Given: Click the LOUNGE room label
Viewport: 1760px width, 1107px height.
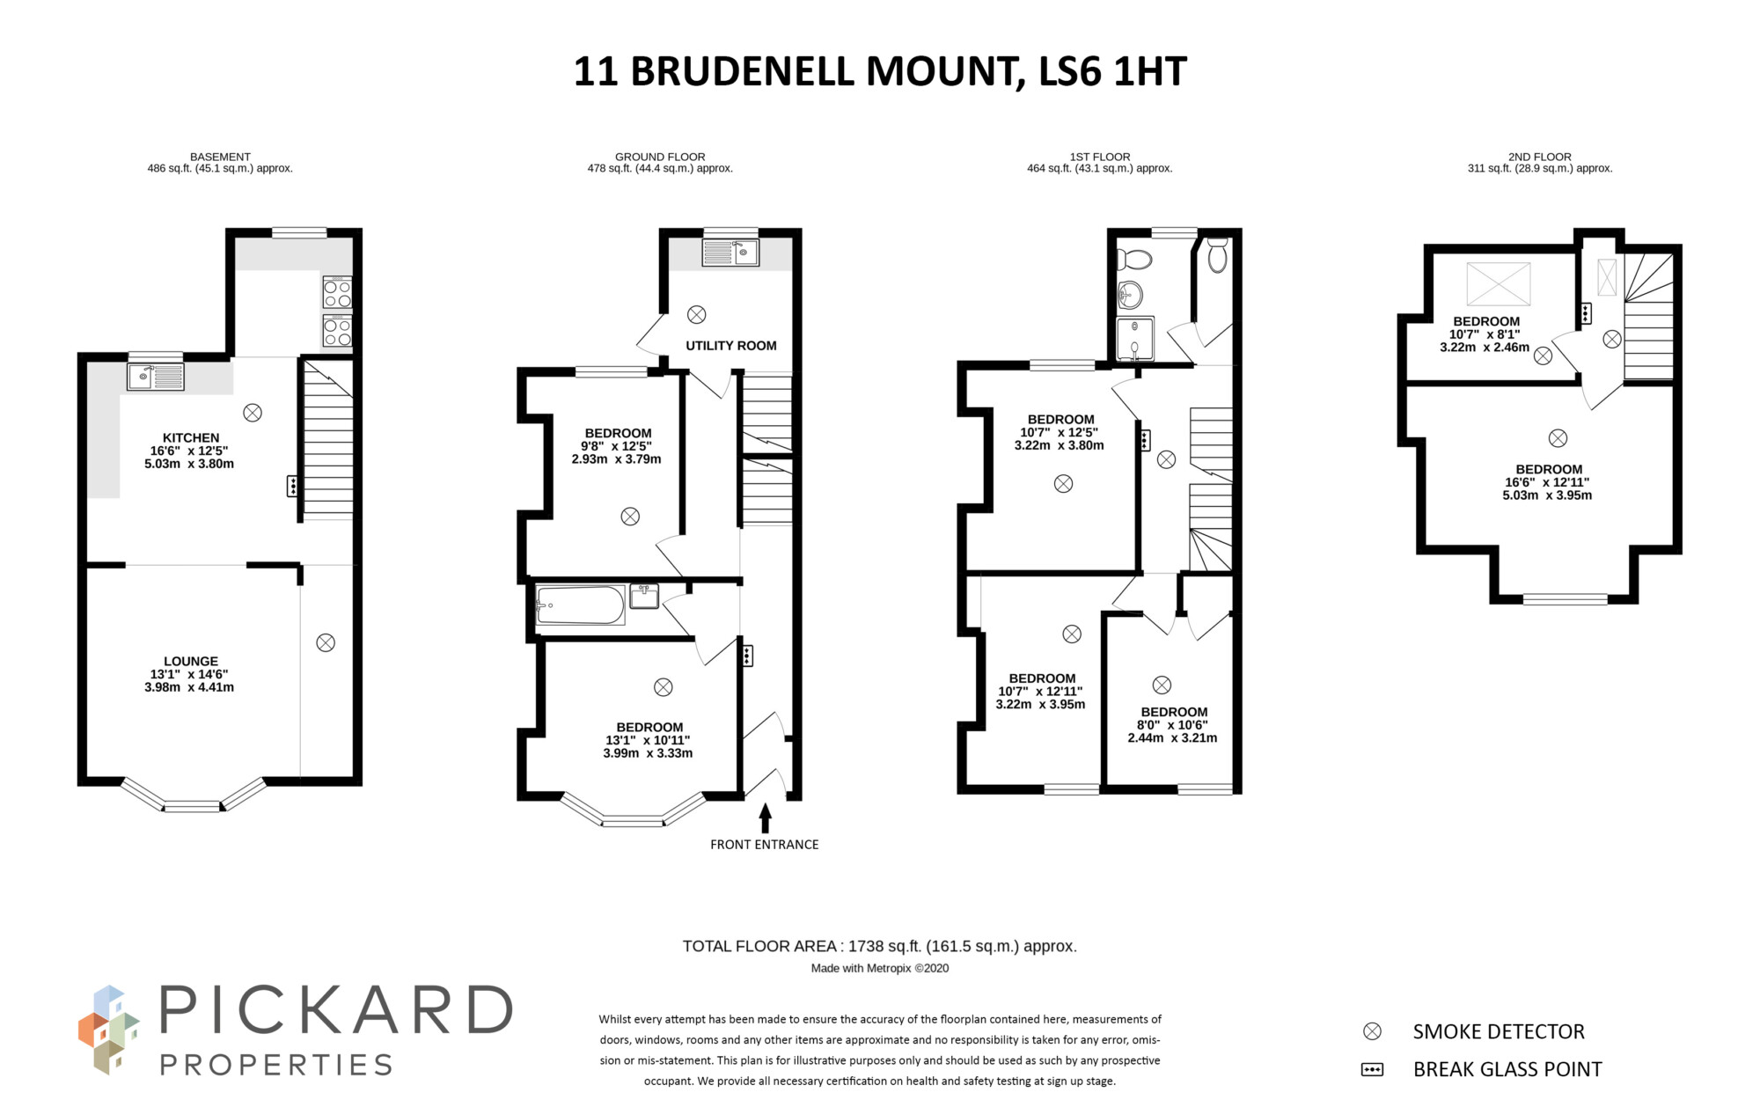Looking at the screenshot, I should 190,662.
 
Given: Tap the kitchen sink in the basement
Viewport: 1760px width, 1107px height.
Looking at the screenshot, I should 155,377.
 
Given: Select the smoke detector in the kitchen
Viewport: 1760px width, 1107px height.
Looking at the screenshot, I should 253,413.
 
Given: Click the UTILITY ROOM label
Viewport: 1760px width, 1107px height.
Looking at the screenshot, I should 730,346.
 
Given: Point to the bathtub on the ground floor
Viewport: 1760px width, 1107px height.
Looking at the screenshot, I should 580,605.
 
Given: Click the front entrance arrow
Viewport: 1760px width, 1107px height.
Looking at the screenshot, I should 765,817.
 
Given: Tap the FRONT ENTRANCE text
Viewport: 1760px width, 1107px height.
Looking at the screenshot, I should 764,845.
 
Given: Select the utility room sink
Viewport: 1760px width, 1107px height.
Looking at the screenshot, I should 730,253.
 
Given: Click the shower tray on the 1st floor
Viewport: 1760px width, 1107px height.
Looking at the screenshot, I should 1134,339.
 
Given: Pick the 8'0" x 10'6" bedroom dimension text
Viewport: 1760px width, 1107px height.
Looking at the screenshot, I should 1172,725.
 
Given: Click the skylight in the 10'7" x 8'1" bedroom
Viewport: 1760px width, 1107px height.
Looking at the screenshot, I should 1498,284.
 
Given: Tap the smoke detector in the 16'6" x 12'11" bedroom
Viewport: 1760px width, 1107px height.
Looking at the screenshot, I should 1558,438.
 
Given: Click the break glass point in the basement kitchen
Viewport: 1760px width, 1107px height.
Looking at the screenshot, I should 292,486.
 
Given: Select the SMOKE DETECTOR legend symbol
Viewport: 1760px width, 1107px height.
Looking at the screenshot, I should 1372,1031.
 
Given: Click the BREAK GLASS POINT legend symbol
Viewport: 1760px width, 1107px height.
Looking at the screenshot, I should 1372,1070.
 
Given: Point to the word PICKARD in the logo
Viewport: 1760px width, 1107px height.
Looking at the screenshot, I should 335,1010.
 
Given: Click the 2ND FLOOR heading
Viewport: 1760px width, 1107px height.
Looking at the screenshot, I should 1539,157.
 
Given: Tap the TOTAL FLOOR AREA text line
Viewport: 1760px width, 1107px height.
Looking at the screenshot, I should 879,947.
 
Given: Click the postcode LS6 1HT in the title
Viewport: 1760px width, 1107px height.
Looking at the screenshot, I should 1112,71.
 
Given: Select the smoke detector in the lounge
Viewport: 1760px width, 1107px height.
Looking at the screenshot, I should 326,643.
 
